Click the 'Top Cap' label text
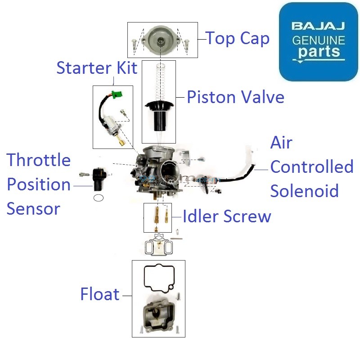pyautogui.click(x=238, y=39)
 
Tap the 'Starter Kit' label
pyautogui.click(x=97, y=68)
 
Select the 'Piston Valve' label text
pyautogui.click(x=235, y=97)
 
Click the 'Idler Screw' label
pyautogui.click(x=227, y=216)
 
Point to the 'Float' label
pyautogui.click(x=100, y=294)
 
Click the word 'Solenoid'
pyautogui.click(x=304, y=191)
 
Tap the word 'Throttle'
pyautogui.click(x=39, y=160)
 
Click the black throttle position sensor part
pyautogui.click(x=99, y=178)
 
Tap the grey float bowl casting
pyautogui.click(x=158, y=315)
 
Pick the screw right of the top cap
pyautogui.click(x=187, y=44)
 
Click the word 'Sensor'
pyautogui.click(x=33, y=209)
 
